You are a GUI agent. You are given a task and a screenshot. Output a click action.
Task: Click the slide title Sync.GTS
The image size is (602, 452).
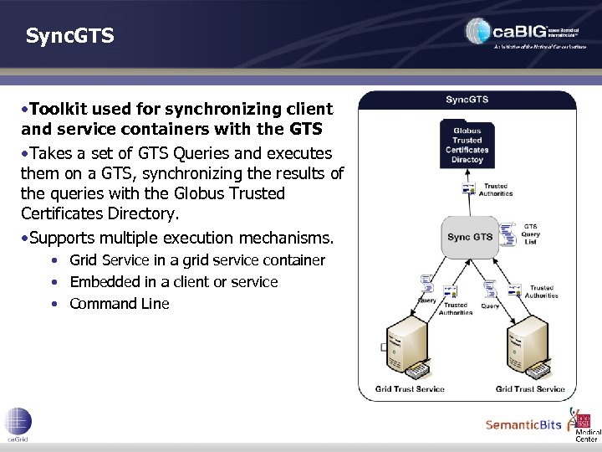69,36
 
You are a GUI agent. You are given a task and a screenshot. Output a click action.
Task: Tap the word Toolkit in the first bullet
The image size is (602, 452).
61,109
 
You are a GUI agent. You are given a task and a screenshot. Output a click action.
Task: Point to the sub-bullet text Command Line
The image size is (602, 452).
120,304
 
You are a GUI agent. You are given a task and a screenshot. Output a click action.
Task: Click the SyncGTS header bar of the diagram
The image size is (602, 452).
467,100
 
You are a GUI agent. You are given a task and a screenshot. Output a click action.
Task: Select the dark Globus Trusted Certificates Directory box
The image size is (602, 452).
467,145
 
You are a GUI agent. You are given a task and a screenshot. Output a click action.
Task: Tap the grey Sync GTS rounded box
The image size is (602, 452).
470,237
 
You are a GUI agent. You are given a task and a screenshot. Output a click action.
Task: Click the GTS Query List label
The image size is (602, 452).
530,234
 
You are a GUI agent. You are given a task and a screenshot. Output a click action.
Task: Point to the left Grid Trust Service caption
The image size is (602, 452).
411,388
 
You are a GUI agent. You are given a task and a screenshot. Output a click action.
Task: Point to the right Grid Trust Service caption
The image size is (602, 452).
530,388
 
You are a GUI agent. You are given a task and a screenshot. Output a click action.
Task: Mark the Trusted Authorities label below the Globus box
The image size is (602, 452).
495,190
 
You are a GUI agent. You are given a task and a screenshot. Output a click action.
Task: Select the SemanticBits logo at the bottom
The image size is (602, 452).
523,424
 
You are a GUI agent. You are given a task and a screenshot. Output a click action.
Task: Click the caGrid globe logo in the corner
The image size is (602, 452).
18,421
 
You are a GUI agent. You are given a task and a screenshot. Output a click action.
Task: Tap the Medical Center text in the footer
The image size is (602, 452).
587,434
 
